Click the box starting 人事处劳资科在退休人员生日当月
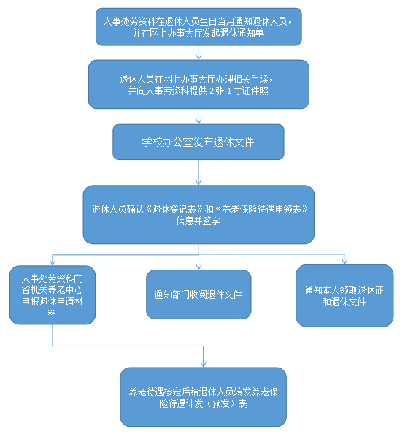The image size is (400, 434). (199, 27)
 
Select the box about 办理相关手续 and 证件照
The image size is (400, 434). (199, 84)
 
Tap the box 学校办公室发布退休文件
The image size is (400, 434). (199, 142)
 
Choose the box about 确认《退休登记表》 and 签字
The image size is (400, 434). (199, 215)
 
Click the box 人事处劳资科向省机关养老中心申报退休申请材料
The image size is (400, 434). (53, 294)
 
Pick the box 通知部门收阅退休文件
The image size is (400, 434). (199, 294)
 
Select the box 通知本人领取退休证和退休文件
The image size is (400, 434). (345, 296)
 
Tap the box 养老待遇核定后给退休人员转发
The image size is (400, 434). (203, 397)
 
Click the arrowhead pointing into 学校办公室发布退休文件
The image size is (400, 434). (199, 122)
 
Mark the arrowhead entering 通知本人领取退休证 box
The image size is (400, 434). (345, 262)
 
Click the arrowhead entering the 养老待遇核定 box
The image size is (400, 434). (204, 365)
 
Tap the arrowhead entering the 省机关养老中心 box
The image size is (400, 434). (53, 263)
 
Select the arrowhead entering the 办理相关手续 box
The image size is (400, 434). (199, 57)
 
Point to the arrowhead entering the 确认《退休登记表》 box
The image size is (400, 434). (199, 183)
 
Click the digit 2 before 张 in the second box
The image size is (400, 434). (212, 91)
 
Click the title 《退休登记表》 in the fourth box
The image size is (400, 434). (174, 209)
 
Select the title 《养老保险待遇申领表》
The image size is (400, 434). (261, 209)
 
